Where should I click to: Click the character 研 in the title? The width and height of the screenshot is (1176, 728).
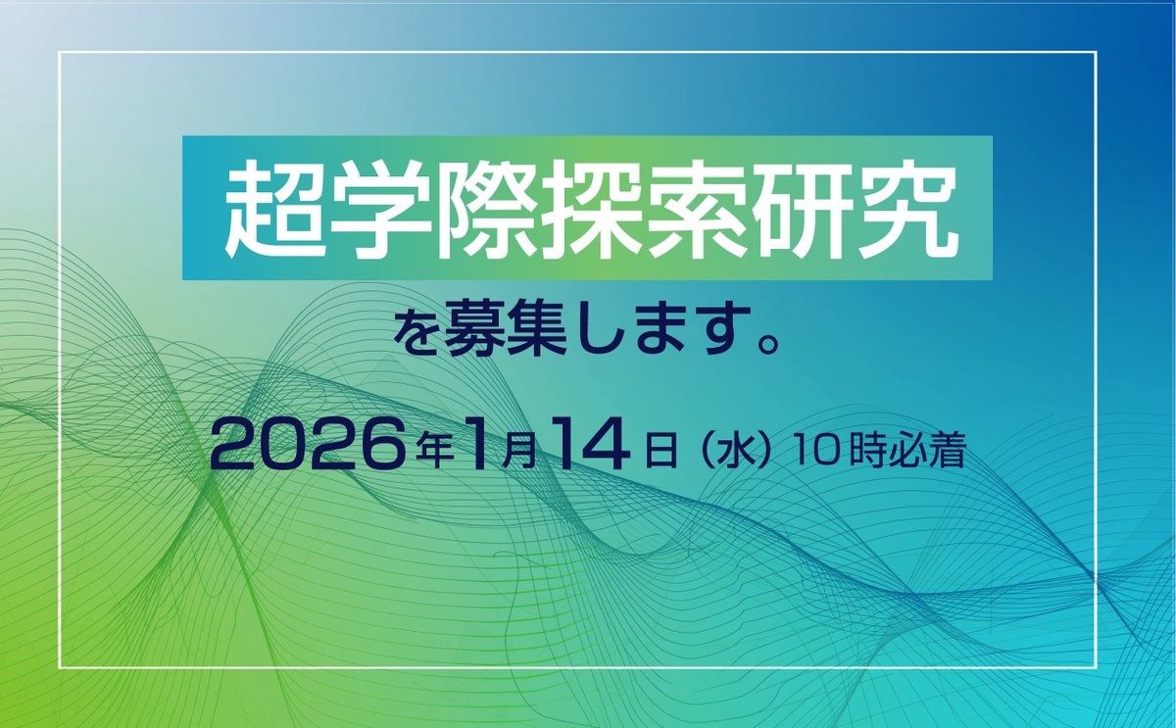[798, 210]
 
